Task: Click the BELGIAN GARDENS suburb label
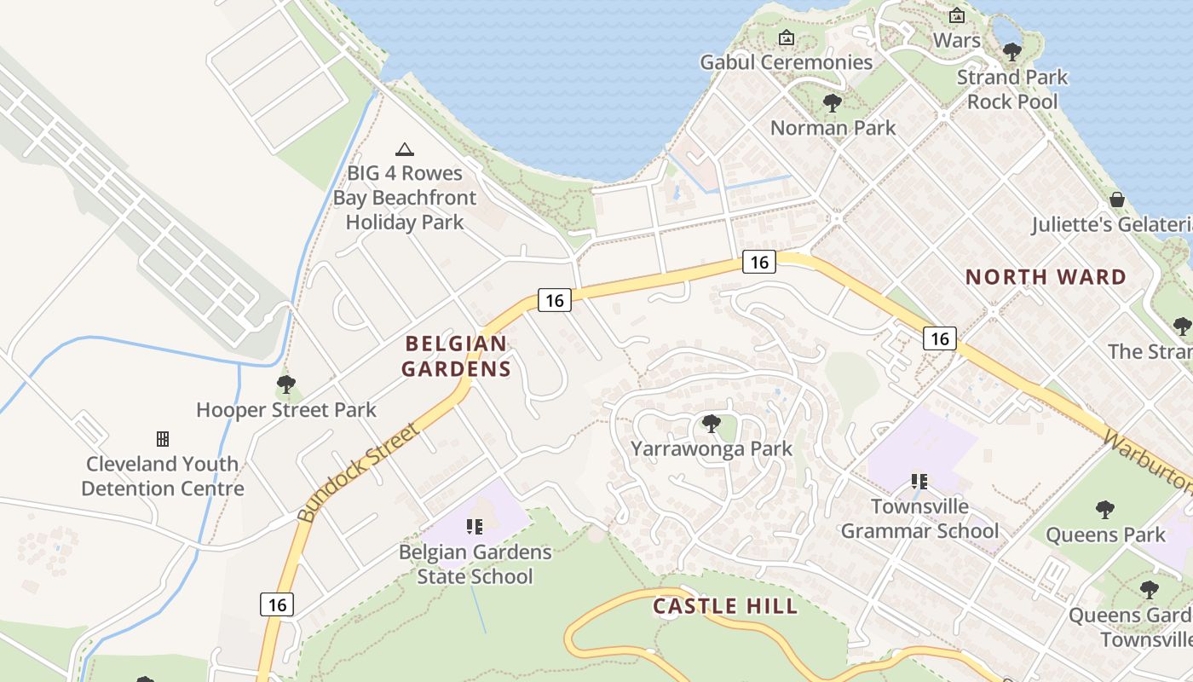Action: point(456,356)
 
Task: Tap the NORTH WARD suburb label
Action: point(1046,277)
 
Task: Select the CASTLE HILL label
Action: point(725,606)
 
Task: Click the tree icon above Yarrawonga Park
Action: point(711,423)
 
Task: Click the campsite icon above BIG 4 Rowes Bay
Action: point(405,149)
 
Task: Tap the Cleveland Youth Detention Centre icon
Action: point(162,439)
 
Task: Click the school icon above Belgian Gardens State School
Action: point(475,527)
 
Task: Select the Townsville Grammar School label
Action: point(919,518)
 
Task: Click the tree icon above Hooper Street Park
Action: point(286,384)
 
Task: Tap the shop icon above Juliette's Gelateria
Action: point(1117,199)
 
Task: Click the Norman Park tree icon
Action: point(833,103)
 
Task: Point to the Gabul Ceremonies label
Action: point(786,62)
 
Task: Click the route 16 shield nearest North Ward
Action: point(940,338)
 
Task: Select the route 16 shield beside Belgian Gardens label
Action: point(554,300)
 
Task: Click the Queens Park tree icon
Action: point(1104,510)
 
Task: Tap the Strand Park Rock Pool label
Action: point(1011,90)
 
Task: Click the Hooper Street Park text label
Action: point(286,410)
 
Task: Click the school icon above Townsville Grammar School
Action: point(919,482)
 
